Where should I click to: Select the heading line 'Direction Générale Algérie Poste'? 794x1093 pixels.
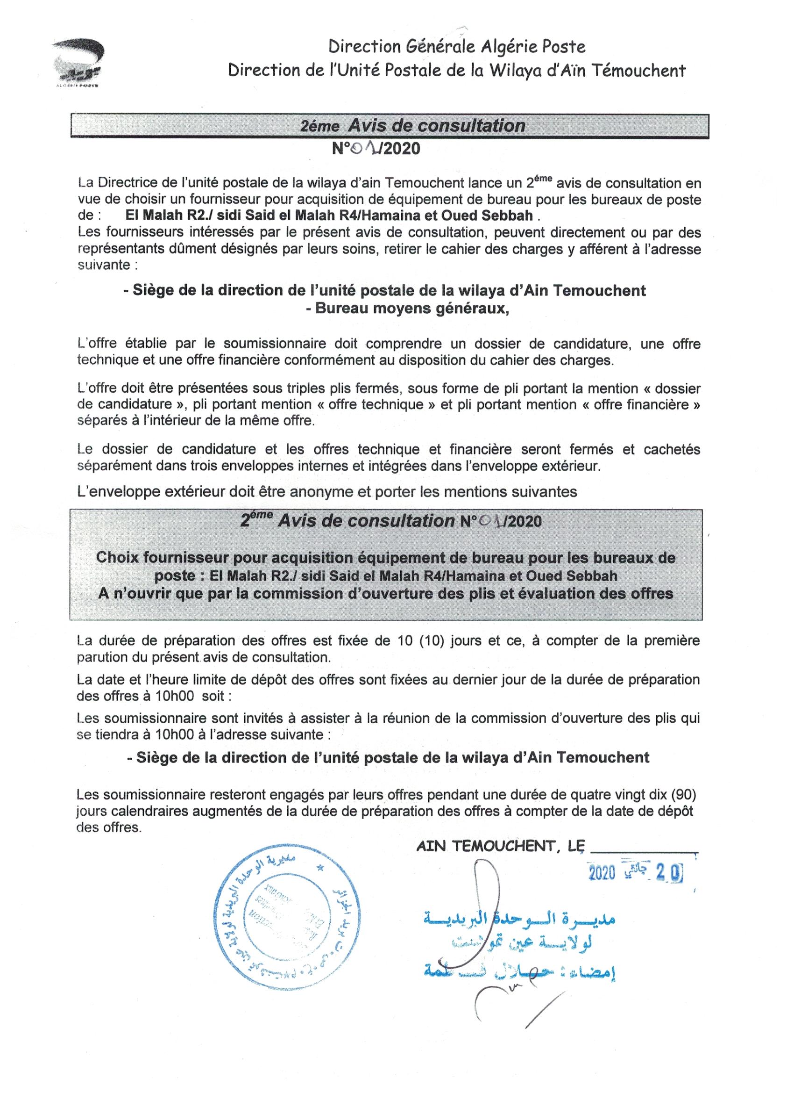[x=456, y=47]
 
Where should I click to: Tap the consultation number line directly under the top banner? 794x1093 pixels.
[x=376, y=149]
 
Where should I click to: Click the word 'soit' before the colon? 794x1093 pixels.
[x=214, y=696]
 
